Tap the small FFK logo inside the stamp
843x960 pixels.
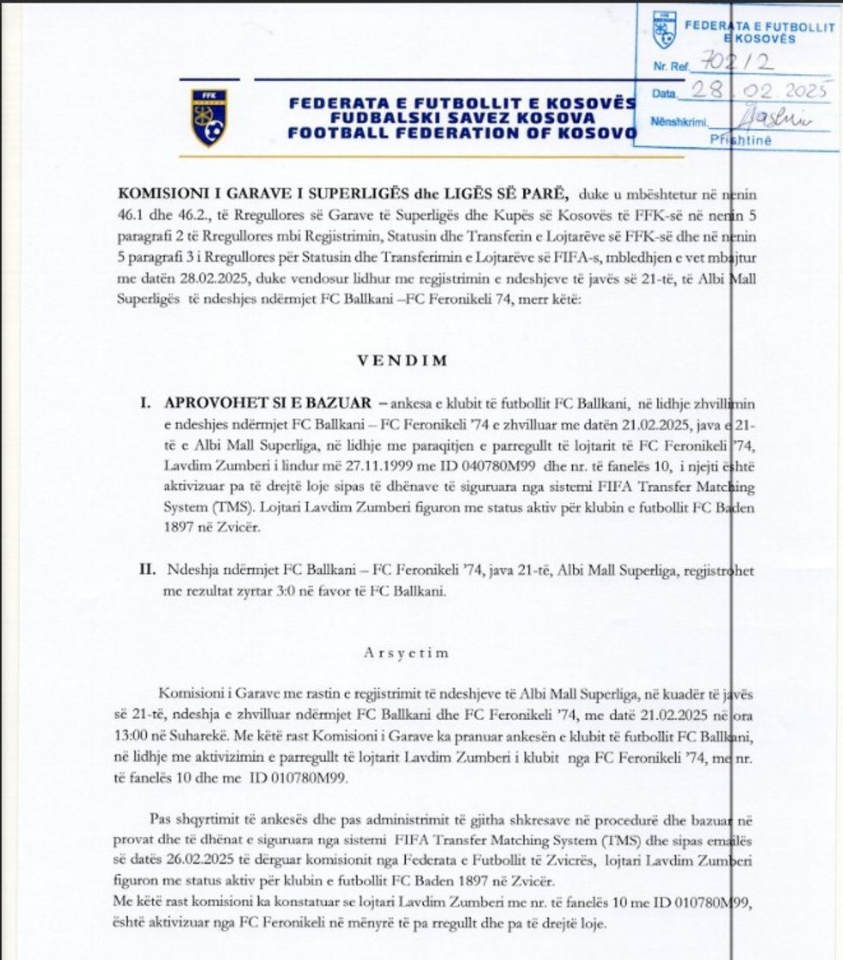664,29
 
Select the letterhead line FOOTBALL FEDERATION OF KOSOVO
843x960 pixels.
462,133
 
